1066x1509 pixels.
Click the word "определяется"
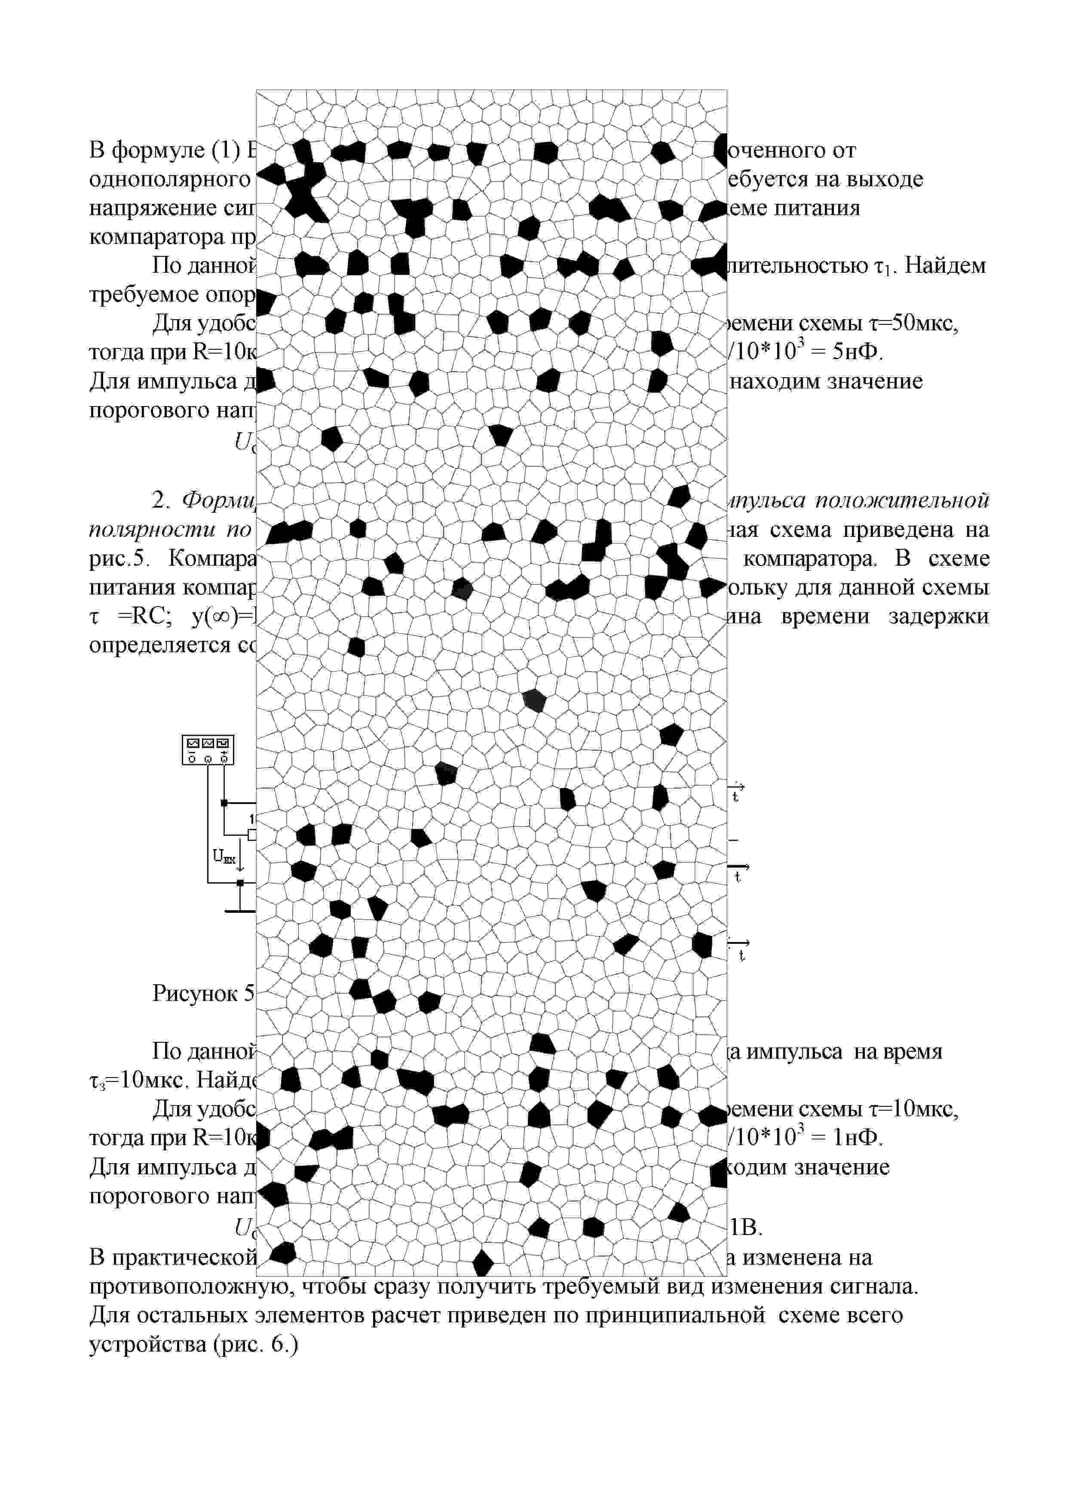(x=161, y=645)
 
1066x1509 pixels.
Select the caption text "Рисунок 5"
(x=203, y=993)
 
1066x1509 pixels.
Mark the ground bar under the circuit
(x=240, y=911)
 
